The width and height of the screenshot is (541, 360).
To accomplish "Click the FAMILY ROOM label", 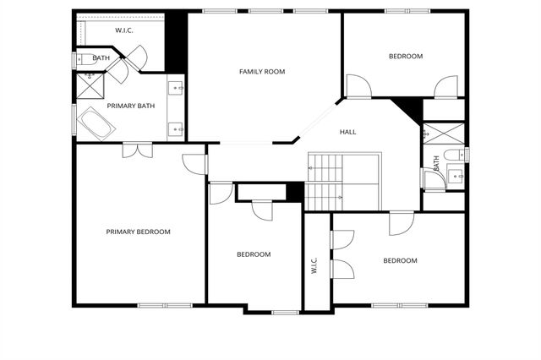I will (x=261, y=72).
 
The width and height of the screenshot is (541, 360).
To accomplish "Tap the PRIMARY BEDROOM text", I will (x=138, y=232).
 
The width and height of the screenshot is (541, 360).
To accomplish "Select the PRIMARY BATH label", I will (x=130, y=106).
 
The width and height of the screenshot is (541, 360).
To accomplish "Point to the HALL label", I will (x=347, y=133).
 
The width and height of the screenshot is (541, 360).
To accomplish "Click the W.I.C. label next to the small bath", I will (x=124, y=30).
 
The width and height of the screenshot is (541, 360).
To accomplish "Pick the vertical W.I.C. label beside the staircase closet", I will (x=314, y=266).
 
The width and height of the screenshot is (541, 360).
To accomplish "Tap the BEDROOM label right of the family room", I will (x=405, y=57).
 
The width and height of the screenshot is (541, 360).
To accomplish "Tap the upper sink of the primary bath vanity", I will (x=177, y=87).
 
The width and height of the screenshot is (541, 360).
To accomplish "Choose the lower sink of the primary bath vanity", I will (x=177, y=128).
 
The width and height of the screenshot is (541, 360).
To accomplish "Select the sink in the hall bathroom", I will (x=454, y=177).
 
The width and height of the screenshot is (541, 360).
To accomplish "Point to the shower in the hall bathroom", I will (x=441, y=134).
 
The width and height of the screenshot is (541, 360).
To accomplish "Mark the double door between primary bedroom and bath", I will (x=136, y=150).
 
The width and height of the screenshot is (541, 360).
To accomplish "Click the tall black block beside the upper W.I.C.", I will (x=175, y=41).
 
